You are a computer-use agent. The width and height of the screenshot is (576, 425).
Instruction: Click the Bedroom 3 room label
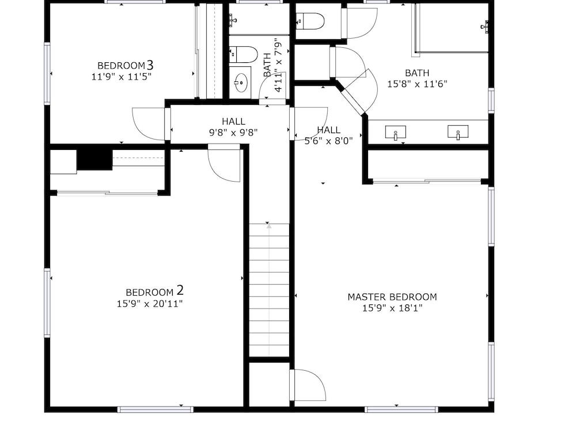point(125,65)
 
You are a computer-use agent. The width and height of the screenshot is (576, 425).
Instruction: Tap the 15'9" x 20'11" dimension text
point(150,304)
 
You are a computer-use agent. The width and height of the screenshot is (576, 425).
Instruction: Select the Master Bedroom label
point(392,296)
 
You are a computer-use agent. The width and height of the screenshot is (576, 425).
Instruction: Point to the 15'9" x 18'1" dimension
point(392,308)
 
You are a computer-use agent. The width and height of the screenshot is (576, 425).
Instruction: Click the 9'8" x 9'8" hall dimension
point(234,133)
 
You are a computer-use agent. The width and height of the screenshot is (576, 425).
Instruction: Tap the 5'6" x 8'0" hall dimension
point(328,141)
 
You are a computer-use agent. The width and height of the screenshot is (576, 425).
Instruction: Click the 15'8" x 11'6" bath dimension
point(417,84)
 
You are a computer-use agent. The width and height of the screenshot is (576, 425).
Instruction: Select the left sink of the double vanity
point(395,133)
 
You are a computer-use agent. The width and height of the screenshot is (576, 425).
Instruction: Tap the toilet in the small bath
point(244,54)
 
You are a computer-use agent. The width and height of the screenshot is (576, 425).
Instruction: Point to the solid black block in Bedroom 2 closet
point(94,160)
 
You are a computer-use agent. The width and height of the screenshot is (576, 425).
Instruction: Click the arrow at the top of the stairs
point(269,227)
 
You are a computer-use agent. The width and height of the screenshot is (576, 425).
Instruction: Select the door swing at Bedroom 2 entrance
point(223,163)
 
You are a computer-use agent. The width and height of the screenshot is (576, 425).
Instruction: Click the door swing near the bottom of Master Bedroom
point(308,385)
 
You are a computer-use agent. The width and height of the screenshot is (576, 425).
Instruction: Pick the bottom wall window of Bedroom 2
point(156,409)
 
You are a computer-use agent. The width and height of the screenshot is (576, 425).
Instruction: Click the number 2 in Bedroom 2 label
point(180,291)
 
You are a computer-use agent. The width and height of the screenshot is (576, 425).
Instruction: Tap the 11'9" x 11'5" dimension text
point(122,77)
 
